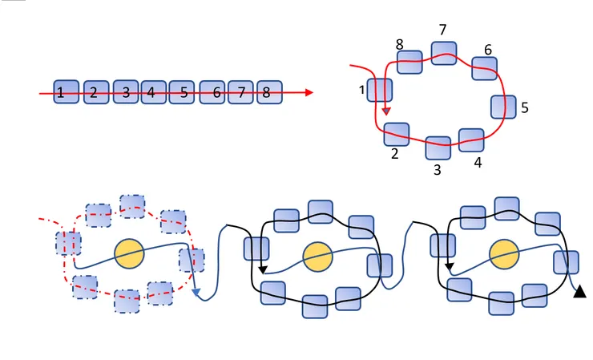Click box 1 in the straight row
[x=67, y=91]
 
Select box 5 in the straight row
[x=182, y=92]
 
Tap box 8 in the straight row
[x=269, y=92]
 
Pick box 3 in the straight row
[x=126, y=91]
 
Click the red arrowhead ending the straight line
[x=309, y=92]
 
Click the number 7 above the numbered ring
[x=443, y=30]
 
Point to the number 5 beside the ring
[x=525, y=107]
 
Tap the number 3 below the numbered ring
[x=438, y=170]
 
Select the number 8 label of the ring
[x=399, y=45]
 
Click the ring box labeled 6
[x=485, y=68]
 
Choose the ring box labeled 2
[x=397, y=135]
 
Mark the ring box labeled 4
[x=471, y=140]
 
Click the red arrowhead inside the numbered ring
[x=385, y=111]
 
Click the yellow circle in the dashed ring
[x=129, y=253]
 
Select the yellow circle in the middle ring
[x=317, y=257]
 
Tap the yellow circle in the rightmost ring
[x=504, y=254]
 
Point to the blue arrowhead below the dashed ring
[x=196, y=292]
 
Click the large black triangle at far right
[x=579, y=292]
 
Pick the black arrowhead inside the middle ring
[x=263, y=269]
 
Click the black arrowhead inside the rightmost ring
[x=449, y=267]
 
